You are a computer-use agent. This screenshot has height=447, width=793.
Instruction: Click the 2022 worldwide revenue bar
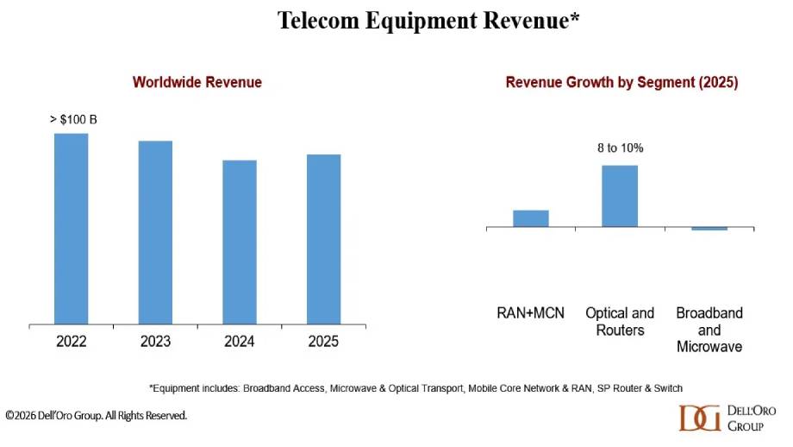click(71, 229)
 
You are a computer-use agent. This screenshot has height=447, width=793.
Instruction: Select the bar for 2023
click(155, 233)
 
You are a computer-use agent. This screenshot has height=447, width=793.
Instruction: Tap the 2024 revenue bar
click(240, 242)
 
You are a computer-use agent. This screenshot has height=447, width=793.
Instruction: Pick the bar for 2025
click(323, 240)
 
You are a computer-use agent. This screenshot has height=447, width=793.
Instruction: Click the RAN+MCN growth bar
click(531, 218)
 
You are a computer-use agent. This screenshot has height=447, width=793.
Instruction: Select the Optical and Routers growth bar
click(620, 196)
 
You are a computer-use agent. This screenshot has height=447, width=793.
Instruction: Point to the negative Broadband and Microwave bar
click(709, 229)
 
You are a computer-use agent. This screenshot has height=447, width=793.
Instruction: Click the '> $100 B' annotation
click(73, 119)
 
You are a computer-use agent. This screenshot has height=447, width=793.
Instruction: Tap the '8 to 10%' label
click(621, 148)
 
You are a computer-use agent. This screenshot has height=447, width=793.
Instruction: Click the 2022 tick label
click(72, 342)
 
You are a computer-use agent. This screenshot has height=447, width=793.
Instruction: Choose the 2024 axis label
click(240, 342)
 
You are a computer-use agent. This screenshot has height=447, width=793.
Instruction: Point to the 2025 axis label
click(323, 342)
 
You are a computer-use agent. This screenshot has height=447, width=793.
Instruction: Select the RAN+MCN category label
click(531, 313)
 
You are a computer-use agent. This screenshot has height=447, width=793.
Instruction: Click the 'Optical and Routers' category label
click(620, 321)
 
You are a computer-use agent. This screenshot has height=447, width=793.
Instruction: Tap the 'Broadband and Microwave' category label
click(709, 330)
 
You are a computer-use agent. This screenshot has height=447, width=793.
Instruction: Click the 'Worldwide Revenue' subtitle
click(197, 83)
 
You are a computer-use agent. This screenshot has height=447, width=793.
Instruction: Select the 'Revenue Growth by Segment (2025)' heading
click(621, 83)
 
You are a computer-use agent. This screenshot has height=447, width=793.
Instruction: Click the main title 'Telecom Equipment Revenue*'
click(428, 22)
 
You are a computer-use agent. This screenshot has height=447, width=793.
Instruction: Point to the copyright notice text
click(96, 416)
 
